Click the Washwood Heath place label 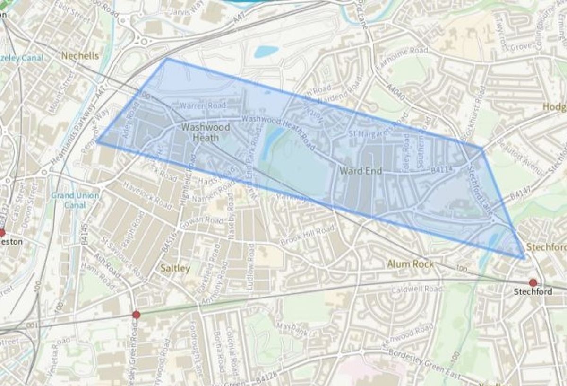[x=206, y=132]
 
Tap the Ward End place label [x=361, y=171]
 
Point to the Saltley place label [x=175, y=268]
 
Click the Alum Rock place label [x=410, y=264]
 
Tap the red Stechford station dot [x=533, y=283]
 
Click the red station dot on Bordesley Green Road [x=137, y=315]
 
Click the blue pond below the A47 [x=266, y=51]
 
